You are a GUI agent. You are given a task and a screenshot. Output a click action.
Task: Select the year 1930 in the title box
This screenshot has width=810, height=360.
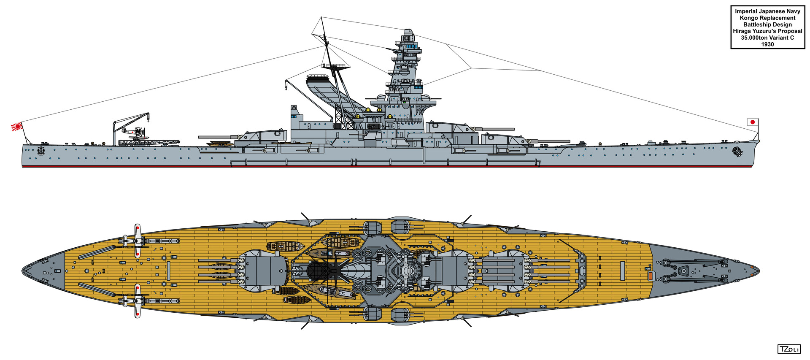point(767,44)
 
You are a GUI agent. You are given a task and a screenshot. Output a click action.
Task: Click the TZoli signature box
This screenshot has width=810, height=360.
point(788,349)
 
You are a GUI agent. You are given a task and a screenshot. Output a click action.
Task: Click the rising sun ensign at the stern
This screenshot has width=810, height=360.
point(16,126)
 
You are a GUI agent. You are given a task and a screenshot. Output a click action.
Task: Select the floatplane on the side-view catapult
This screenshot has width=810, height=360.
point(134,133)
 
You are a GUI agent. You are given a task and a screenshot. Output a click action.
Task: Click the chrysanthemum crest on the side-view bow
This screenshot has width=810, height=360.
point(737,151)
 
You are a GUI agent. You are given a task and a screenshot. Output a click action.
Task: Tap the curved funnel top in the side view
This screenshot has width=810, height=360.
point(317,78)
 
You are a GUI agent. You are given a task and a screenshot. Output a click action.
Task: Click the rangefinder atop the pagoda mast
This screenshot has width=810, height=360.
point(408,32)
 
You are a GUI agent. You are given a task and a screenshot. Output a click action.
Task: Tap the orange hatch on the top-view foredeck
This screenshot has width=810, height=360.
point(650,276)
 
